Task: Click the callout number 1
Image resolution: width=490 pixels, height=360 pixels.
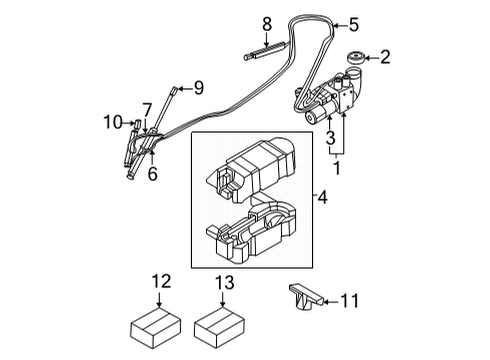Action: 336,170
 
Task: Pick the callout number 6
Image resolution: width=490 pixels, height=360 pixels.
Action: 154,174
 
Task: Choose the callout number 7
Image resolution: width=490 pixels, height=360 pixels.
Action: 146,109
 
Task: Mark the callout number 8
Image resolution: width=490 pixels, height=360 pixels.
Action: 266,23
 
